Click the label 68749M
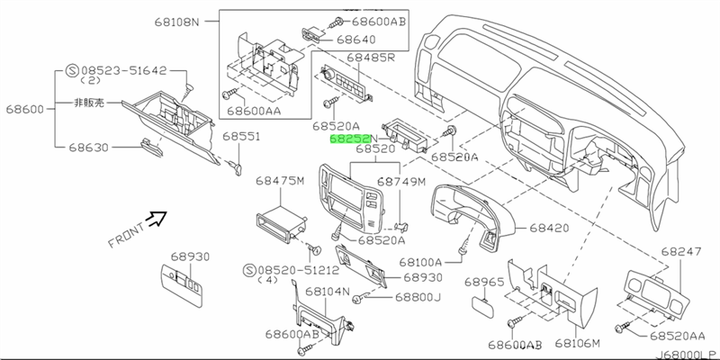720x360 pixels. click(401, 181)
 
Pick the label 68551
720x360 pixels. click(241, 137)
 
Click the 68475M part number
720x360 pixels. click(283, 181)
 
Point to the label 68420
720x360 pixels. click(550, 229)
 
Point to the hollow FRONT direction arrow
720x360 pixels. click(158, 217)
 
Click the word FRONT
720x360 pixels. click(126, 232)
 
